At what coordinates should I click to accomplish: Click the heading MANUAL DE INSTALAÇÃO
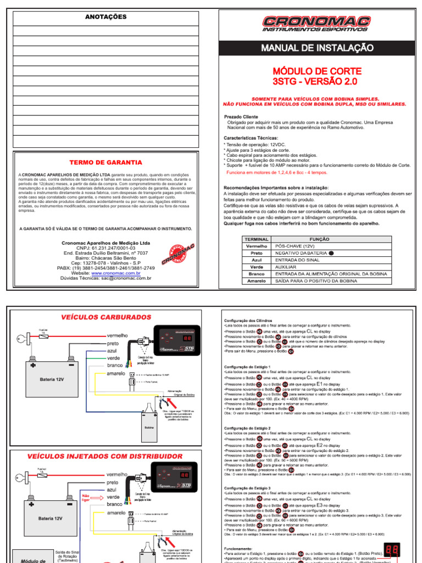pyautogui.click(x=317, y=48)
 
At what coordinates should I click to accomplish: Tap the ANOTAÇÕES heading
pyautogui.click(x=105, y=17)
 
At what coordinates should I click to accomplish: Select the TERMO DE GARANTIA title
pyautogui.click(x=105, y=163)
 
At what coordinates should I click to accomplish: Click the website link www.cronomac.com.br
pyautogui.click(x=116, y=273)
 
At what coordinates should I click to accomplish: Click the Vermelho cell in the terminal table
pyautogui.click(x=256, y=246)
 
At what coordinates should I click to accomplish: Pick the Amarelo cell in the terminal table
pyautogui.click(x=256, y=280)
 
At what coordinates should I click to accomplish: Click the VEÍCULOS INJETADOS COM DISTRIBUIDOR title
pyautogui.click(x=104, y=456)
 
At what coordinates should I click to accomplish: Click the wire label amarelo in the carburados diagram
pyautogui.click(x=116, y=373)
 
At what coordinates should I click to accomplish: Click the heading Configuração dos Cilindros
pyautogui.click(x=248, y=320)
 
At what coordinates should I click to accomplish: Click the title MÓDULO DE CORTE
pyautogui.click(x=317, y=71)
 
